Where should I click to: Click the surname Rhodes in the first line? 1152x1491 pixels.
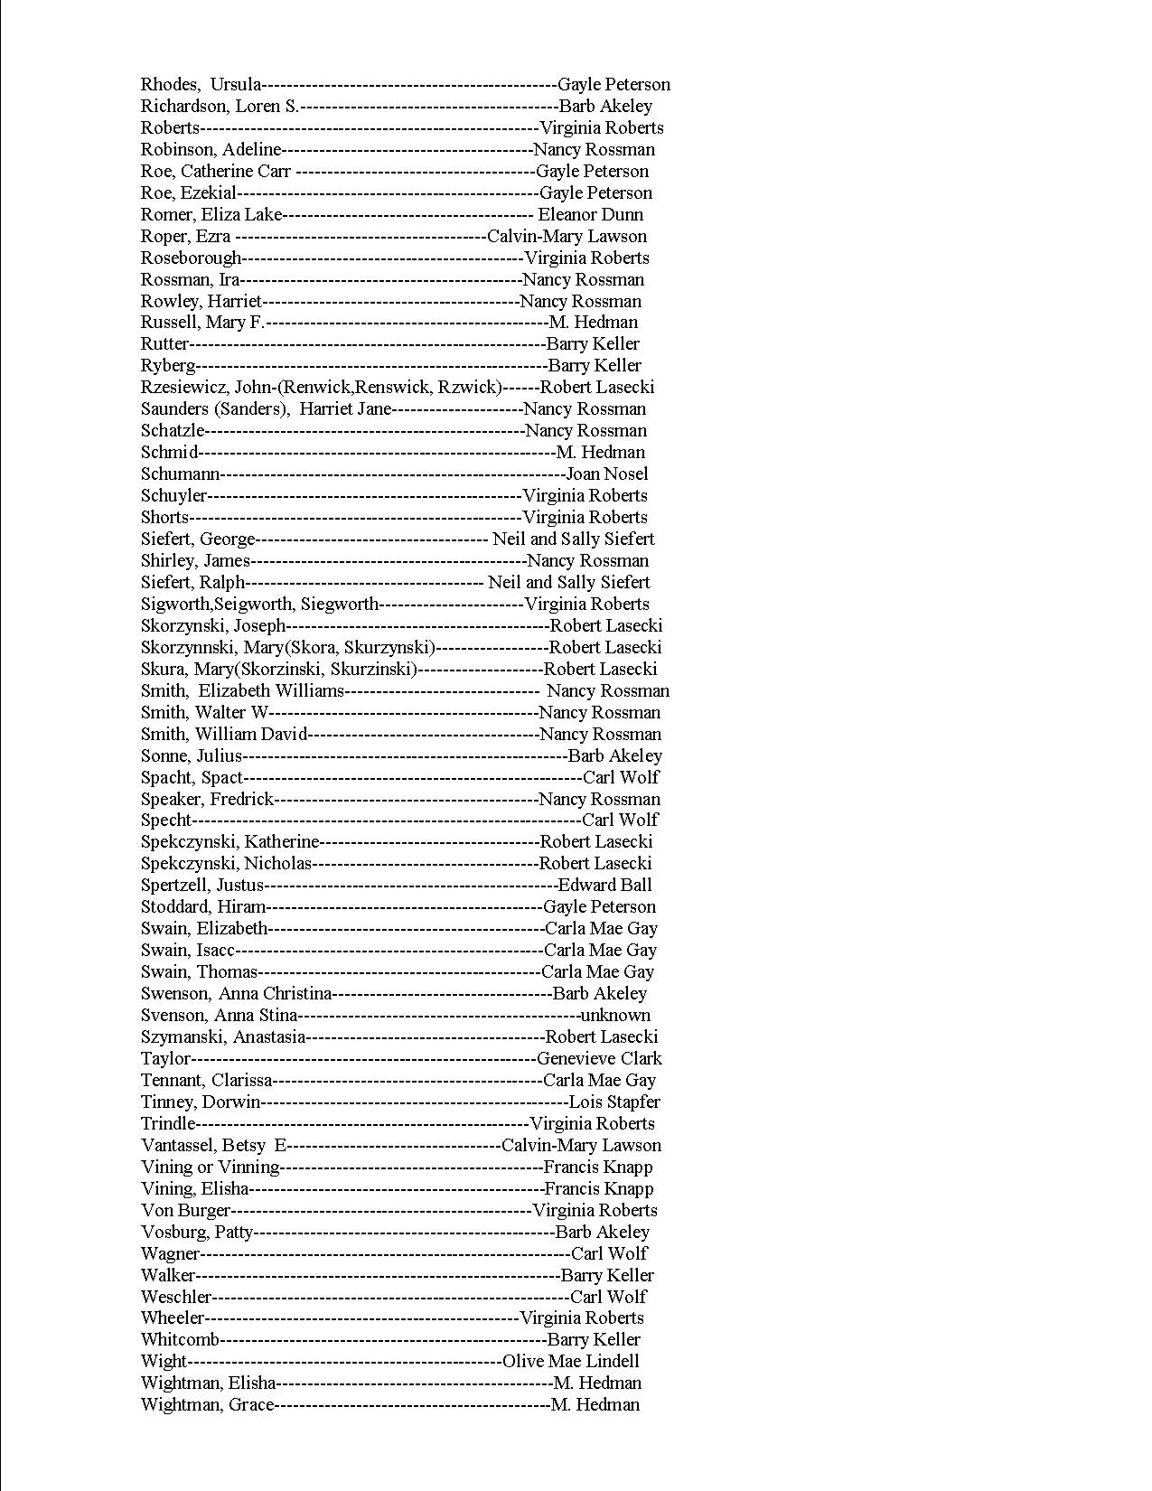pos(168,84)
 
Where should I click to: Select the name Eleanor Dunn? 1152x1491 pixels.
pos(591,214)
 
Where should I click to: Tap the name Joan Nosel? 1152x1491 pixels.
pos(607,474)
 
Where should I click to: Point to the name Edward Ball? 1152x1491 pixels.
pos(604,885)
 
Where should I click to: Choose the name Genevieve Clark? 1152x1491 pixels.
pos(599,1058)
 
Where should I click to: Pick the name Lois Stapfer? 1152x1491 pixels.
pos(614,1102)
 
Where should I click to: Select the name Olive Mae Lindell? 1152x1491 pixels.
pos(570,1361)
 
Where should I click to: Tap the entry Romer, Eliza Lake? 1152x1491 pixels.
pos(211,214)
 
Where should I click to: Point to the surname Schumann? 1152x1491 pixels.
pos(180,474)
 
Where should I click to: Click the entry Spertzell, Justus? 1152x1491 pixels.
pos(202,885)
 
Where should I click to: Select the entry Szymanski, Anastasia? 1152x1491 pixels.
pos(223,1036)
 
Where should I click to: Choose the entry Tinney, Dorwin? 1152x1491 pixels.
pos(201,1102)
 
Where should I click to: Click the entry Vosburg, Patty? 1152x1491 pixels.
pos(197,1232)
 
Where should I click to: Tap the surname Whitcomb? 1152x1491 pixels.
pos(180,1339)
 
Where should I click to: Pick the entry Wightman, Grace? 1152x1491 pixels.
pos(207,1404)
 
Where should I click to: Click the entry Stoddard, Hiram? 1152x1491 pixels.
pos(203,906)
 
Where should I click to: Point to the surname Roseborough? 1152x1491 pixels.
pos(191,258)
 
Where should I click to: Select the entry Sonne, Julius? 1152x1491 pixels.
pos(192,755)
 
